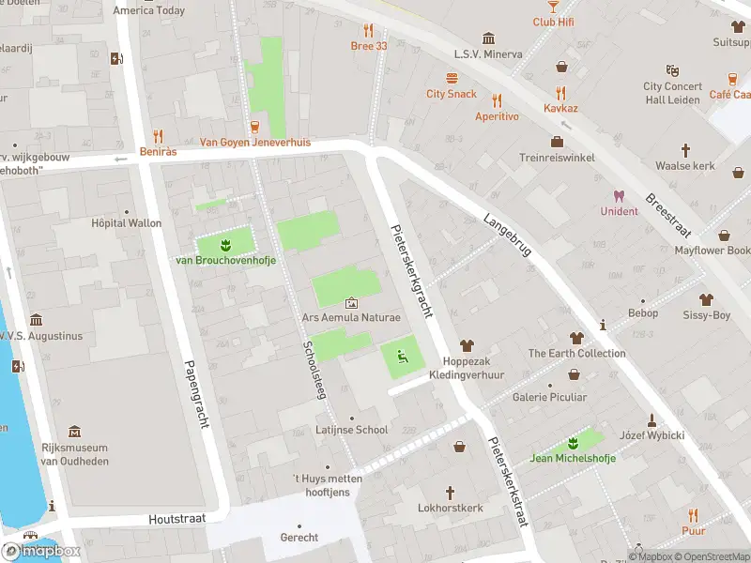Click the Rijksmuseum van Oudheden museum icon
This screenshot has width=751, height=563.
coord(74,432)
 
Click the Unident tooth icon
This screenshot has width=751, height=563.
coord(619,196)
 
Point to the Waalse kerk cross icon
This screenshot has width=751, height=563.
coord(685,150)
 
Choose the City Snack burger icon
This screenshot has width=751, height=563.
coord(452,79)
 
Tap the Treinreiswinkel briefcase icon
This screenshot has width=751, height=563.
coord(557,143)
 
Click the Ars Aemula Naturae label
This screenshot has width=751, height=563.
coord(350,318)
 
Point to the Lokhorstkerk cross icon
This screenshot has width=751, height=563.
coord(450,493)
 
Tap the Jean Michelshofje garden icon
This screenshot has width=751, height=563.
coord(573,443)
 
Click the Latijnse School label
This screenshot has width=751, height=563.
coord(352,430)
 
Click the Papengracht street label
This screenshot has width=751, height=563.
coord(196,394)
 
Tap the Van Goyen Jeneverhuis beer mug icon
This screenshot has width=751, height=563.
coord(254,128)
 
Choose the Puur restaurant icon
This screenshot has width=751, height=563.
coord(693,514)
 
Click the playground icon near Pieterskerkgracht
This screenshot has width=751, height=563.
coord(402,356)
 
